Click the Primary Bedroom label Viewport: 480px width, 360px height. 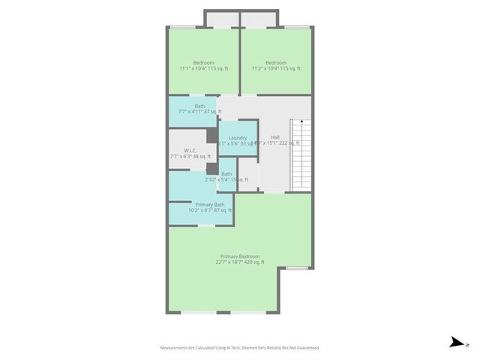(239, 256)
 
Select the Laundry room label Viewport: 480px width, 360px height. (238, 138)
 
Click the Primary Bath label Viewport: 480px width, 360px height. (210, 205)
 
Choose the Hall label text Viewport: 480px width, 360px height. (275, 137)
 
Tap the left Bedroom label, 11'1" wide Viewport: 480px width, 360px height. (204, 62)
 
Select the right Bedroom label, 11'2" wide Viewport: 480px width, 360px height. (276, 62)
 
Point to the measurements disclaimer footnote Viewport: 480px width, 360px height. (239, 348)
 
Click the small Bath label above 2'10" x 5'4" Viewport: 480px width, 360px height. (226, 174)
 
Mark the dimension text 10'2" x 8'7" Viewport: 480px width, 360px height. (210, 211)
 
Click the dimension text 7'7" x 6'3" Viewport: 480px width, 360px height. (189, 156)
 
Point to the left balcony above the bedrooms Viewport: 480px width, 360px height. (222, 19)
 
